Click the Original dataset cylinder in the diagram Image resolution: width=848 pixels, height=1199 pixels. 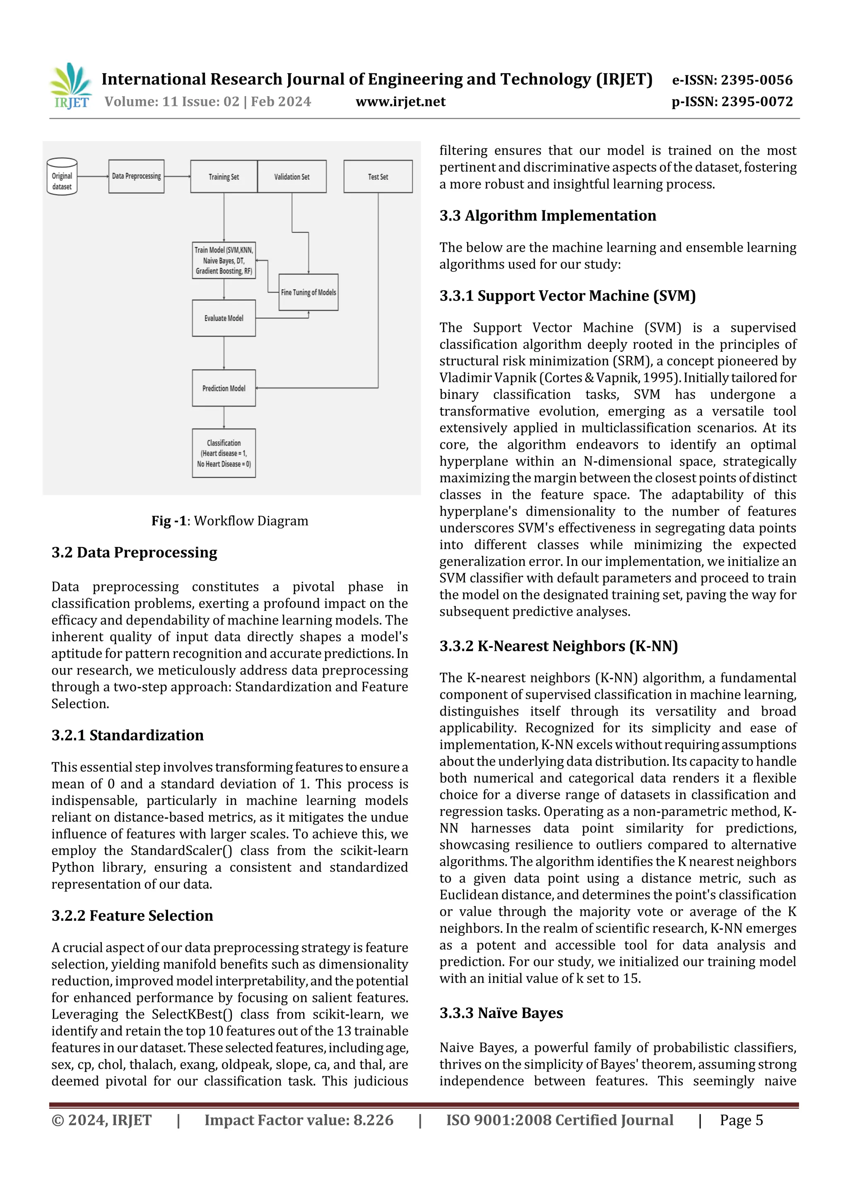pos(62,176)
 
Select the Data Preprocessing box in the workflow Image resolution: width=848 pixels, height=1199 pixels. pos(136,176)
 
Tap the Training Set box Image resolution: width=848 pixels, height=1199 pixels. pos(224,176)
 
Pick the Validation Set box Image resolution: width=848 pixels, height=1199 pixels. pos(291,176)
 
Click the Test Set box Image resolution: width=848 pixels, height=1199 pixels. pos(378,176)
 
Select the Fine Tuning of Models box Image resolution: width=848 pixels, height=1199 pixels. pos(308,293)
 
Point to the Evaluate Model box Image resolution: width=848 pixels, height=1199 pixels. pos(224,318)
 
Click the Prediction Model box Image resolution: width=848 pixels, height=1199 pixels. pos(224,388)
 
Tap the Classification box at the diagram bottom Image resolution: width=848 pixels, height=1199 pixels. pos(224,453)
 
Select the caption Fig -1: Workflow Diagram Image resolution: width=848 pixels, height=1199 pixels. pos(230,521)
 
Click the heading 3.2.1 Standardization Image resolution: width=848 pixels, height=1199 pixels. pos(128,735)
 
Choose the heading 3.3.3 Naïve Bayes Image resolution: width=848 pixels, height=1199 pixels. pos(501,1013)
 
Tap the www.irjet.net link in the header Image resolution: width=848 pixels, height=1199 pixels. pos(400,102)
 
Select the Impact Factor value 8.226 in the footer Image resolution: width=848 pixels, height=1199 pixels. pos(373,1120)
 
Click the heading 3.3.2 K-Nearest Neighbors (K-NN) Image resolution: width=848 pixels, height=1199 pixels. pos(559,646)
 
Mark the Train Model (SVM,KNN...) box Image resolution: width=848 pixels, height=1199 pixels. pos(224,260)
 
